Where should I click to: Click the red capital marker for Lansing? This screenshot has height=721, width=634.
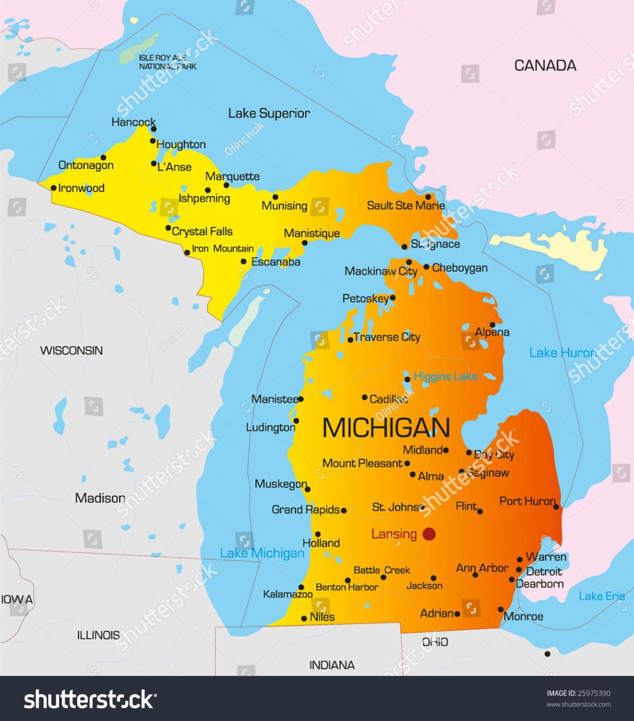(x=429, y=534)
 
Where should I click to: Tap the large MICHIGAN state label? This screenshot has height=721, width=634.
(x=386, y=428)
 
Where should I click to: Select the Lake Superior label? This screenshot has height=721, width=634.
(x=269, y=113)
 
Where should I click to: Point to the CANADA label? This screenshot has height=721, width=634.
(x=545, y=65)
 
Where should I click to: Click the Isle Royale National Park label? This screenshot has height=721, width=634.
(x=167, y=62)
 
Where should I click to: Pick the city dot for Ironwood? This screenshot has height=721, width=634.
(x=54, y=188)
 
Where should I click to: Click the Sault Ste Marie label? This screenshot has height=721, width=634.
(x=405, y=205)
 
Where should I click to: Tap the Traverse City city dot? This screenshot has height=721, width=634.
(x=350, y=339)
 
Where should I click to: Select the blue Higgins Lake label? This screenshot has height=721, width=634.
(x=445, y=376)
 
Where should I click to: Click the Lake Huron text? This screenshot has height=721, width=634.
(x=562, y=353)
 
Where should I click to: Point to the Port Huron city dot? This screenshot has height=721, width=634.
(x=556, y=507)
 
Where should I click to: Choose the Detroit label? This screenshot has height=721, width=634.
(x=544, y=571)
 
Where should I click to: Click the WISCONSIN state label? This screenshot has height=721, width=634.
(x=71, y=350)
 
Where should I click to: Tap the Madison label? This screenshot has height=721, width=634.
(x=100, y=498)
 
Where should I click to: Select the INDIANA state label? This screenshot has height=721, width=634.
(x=332, y=665)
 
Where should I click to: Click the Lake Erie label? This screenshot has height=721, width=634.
(x=602, y=596)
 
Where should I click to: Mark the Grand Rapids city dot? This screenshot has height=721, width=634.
(x=344, y=510)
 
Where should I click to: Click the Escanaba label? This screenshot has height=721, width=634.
(x=276, y=262)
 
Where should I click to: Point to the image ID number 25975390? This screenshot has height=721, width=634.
(x=594, y=693)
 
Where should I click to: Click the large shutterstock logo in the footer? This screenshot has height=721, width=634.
(x=90, y=699)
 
